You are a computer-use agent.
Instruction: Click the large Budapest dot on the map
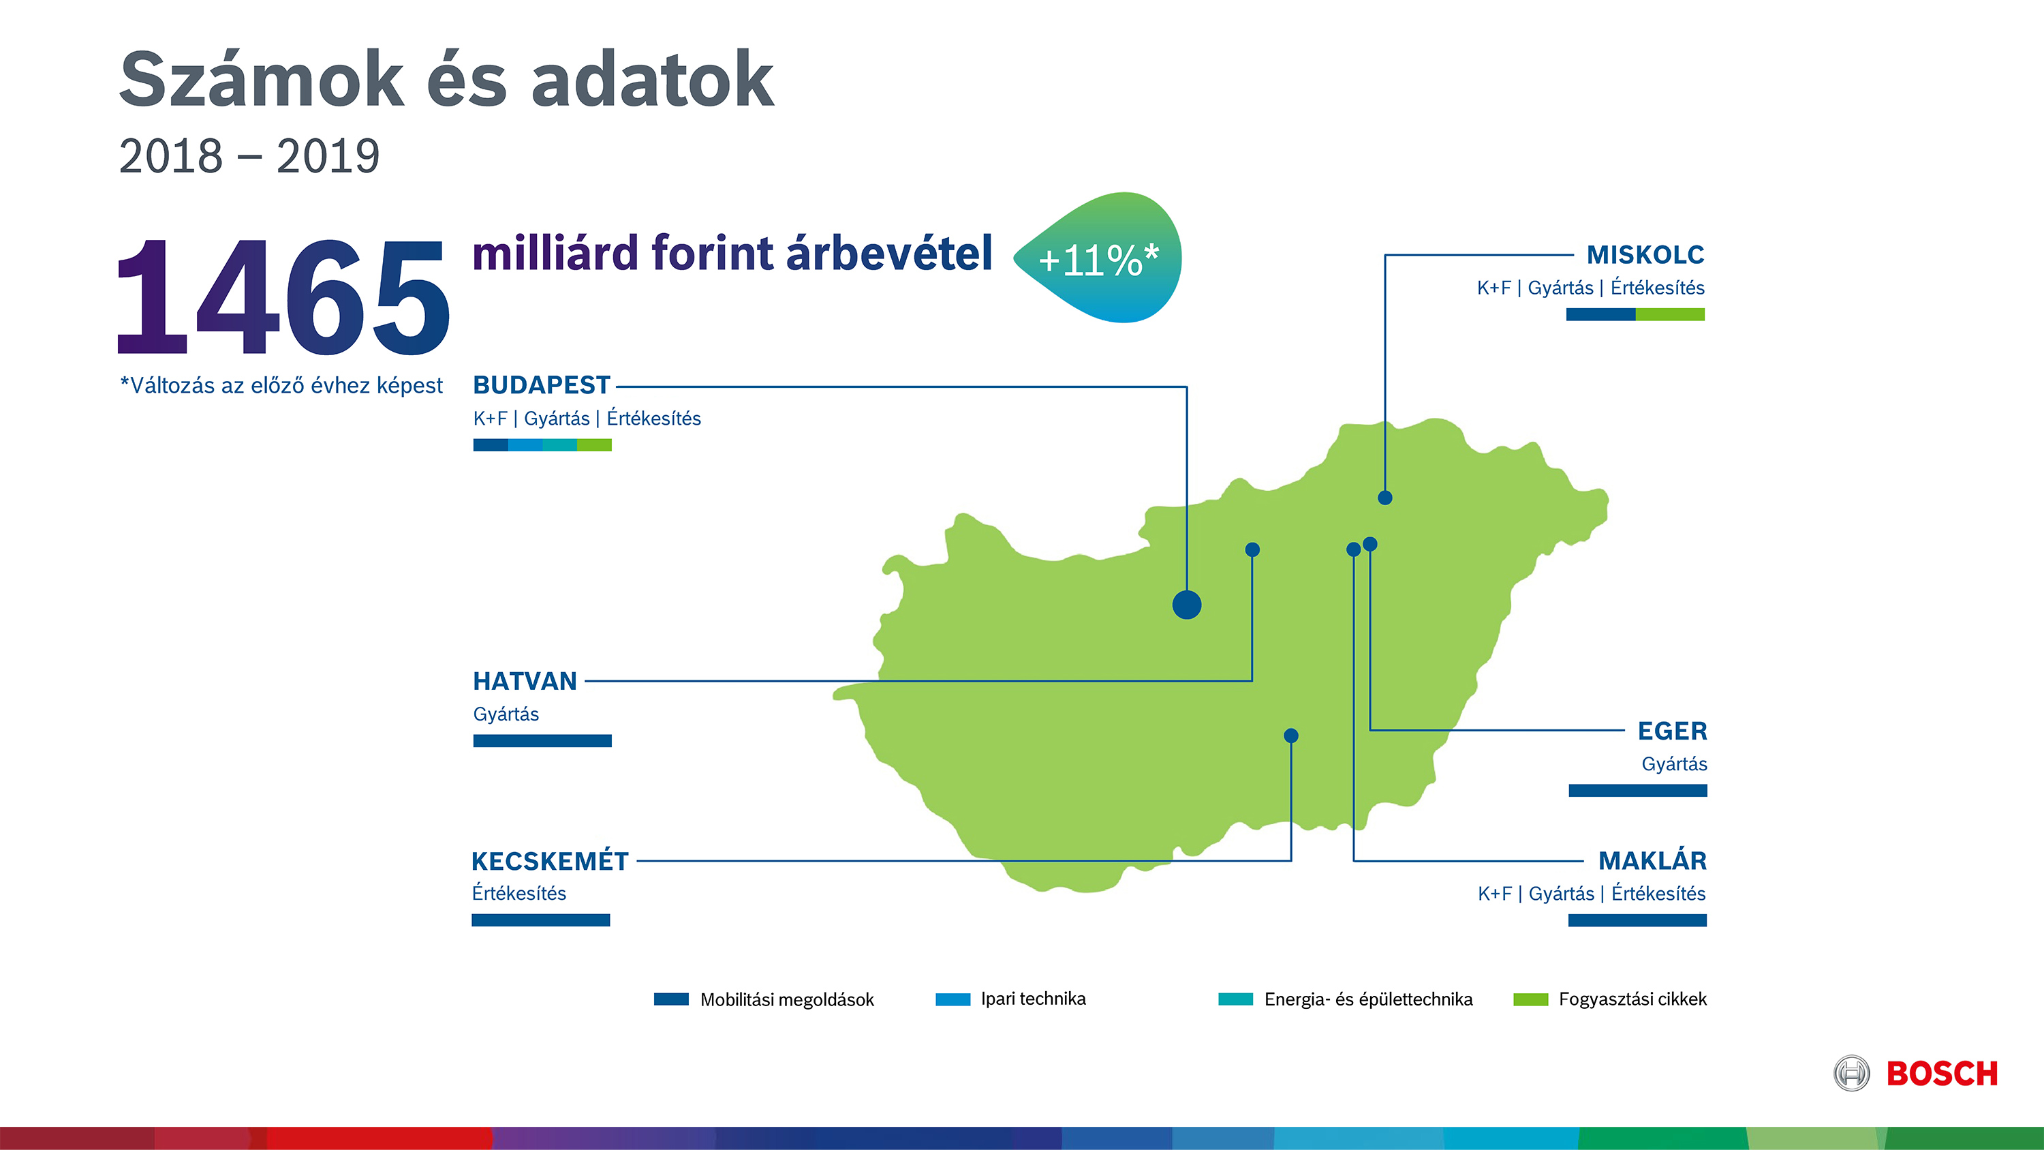(x=1186, y=605)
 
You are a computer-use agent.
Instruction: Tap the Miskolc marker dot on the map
(x=1384, y=498)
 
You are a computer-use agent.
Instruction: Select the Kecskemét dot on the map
(x=1291, y=736)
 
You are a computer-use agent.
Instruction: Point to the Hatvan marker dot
(x=1252, y=549)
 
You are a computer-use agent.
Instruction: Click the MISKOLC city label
(x=1645, y=255)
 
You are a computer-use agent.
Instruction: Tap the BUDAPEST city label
(x=541, y=385)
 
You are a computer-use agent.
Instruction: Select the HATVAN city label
(x=525, y=681)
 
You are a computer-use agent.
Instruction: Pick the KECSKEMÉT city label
(x=550, y=860)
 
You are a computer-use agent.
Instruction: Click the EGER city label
(x=1672, y=731)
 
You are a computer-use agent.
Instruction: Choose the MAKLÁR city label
(x=1652, y=860)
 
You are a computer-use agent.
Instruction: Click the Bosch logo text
(x=1942, y=1074)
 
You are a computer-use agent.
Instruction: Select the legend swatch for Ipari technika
(x=953, y=999)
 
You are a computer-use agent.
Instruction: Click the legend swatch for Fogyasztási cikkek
(x=1531, y=999)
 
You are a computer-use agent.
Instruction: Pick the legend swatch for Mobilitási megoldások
(x=671, y=999)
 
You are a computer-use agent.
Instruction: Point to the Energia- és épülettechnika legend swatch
(x=1235, y=999)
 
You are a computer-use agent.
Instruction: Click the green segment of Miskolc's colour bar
(x=1670, y=314)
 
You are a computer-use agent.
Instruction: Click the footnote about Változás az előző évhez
(x=281, y=386)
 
